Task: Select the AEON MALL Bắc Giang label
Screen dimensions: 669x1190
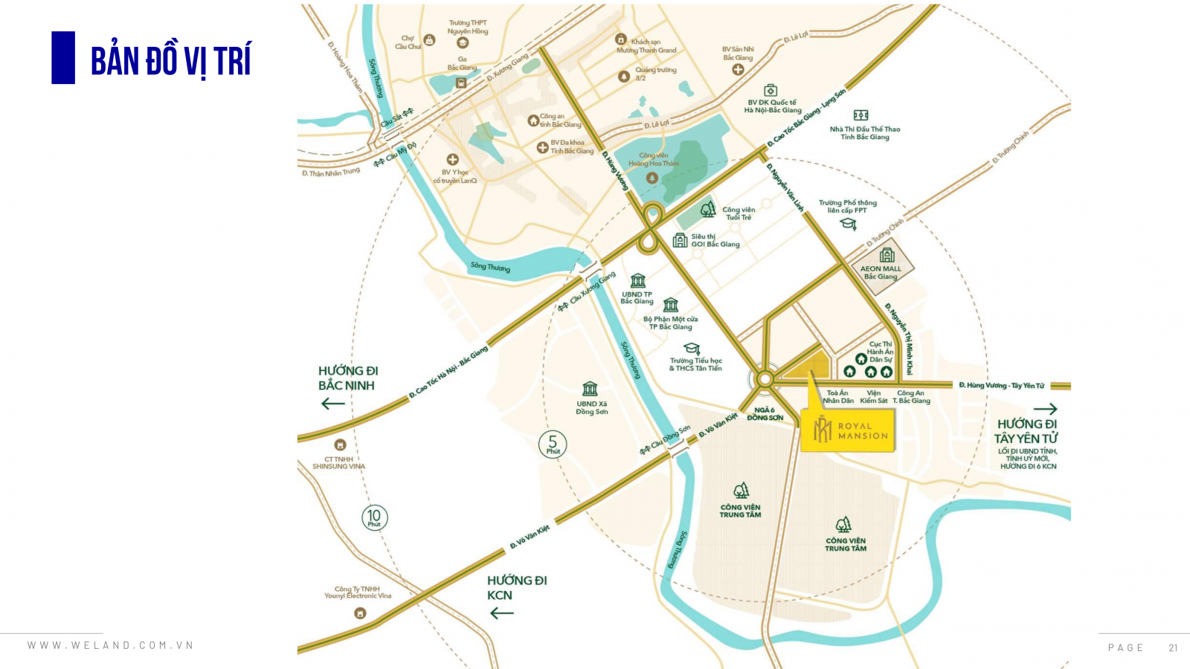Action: [881, 273]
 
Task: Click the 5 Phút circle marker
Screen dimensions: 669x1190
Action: [553, 445]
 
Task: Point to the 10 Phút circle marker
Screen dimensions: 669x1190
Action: [374, 517]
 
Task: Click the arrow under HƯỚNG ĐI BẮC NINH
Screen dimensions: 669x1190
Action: [332, 404]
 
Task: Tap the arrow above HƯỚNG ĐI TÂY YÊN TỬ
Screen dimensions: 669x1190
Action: [1045, 409]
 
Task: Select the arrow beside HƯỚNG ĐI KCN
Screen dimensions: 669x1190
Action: [502, 613]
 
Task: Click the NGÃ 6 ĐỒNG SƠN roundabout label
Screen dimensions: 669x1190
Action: [765, 414]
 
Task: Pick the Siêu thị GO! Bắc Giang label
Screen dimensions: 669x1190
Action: [715, 240]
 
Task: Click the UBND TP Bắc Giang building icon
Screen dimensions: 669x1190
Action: [638, 281]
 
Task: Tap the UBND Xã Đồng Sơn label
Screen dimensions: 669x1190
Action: [591, 408]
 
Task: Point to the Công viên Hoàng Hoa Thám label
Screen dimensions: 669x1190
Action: [653, 159]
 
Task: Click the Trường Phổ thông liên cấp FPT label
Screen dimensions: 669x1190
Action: [847, 206]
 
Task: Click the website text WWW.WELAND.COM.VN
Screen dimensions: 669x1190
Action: [111, 645]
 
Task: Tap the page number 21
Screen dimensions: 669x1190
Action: [1173, 647]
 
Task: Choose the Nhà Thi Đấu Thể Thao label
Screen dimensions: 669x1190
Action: [864, 132]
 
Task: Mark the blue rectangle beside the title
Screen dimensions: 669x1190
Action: [63, 57]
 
